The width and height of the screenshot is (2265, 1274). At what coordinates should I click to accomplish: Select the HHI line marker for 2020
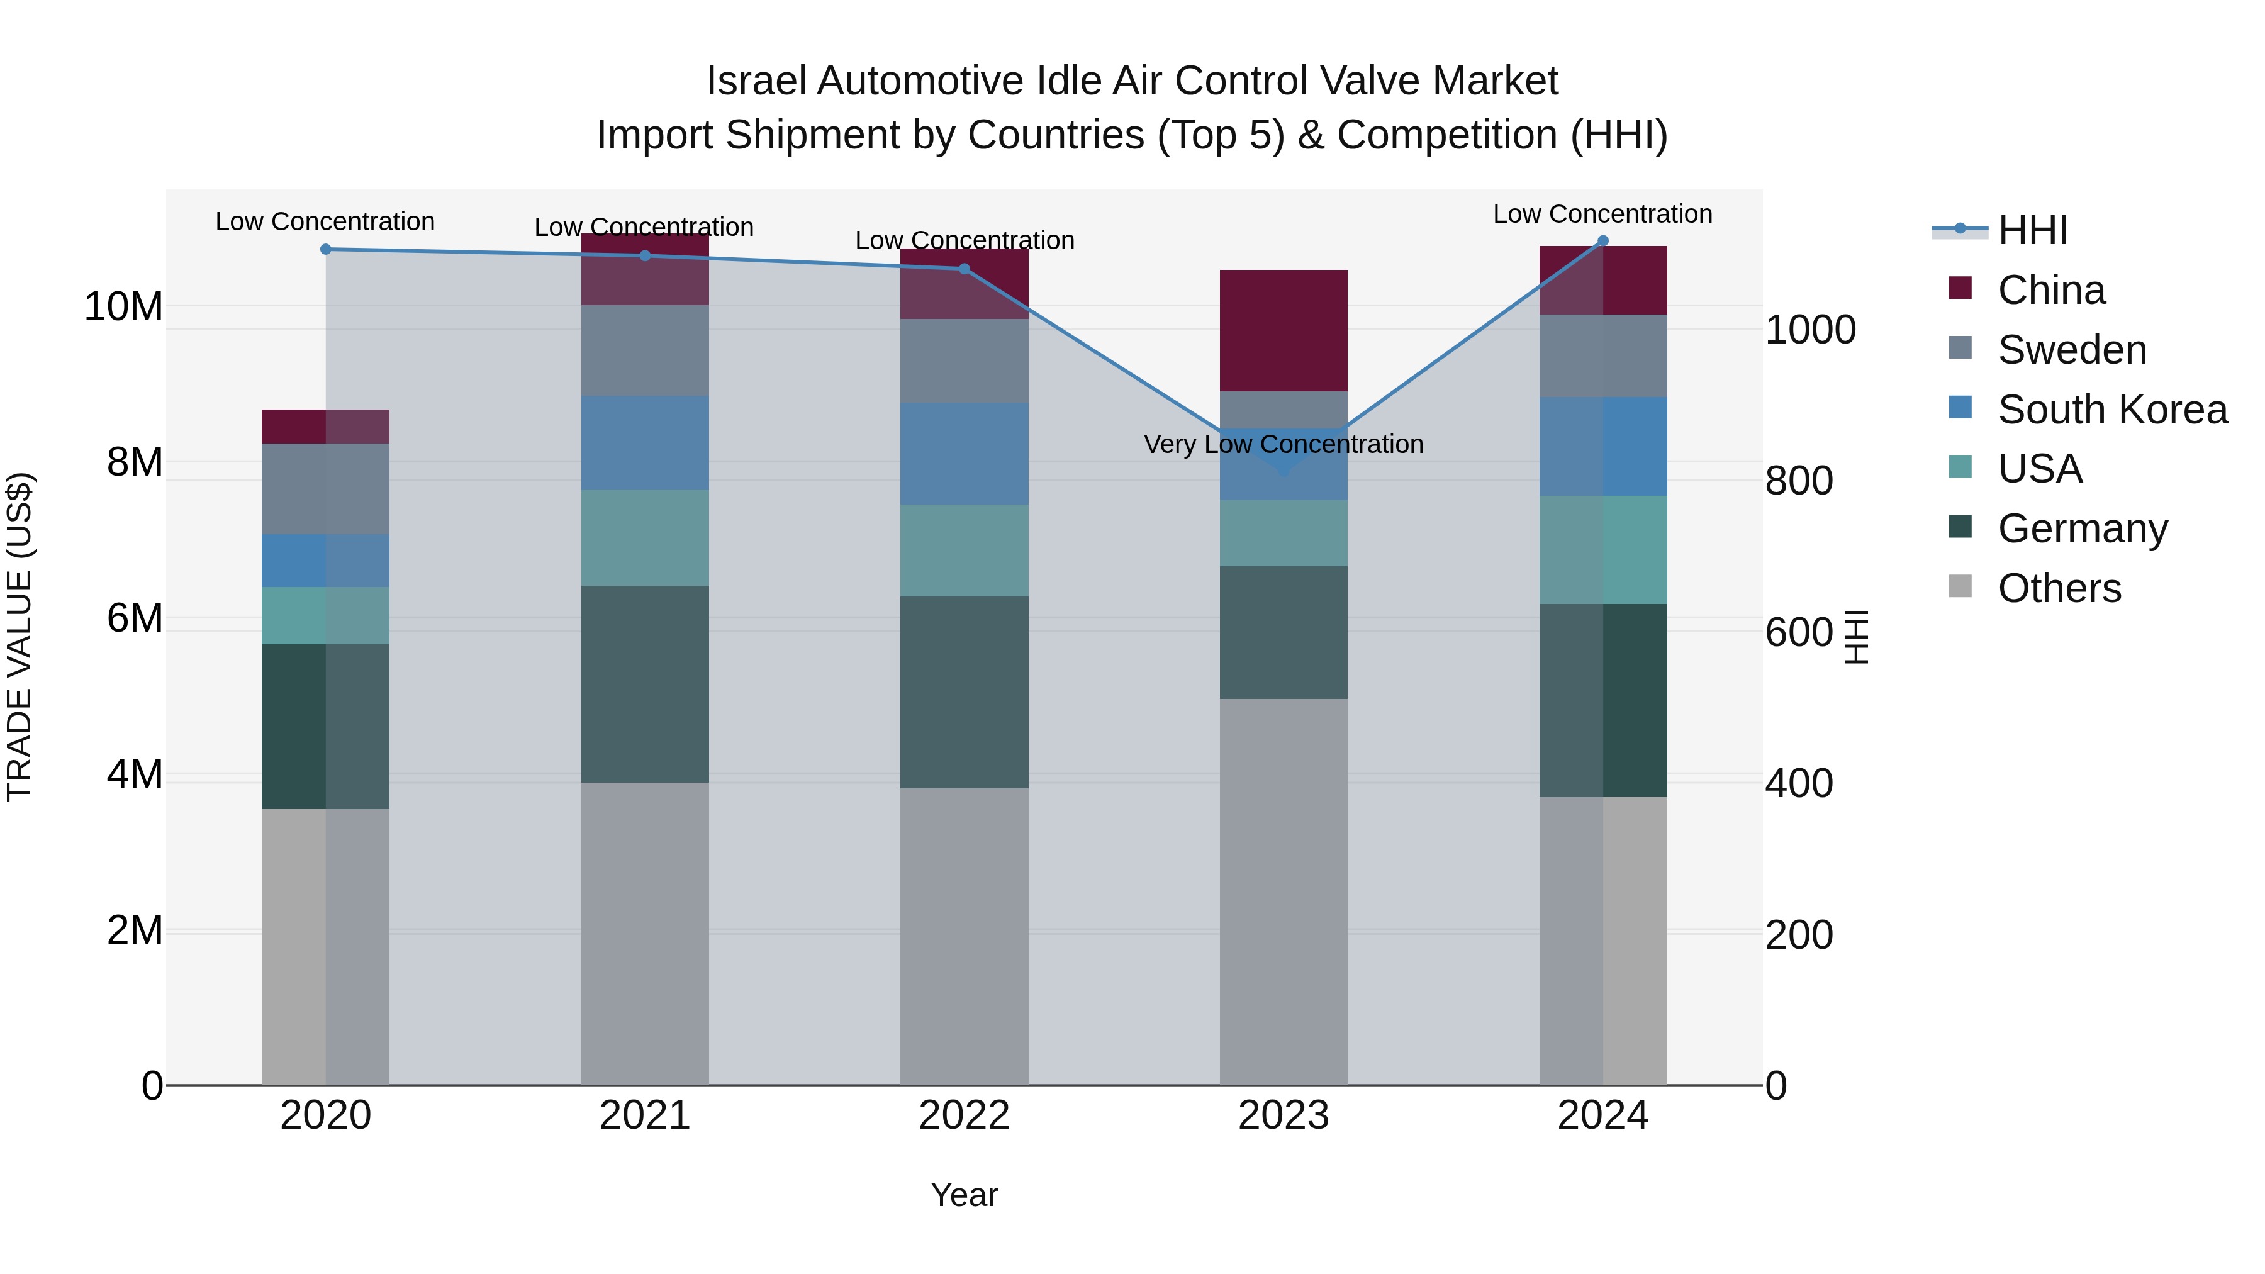[x=325, y=250]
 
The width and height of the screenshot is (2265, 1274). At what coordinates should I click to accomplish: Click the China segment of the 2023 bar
[x=1283, y=330]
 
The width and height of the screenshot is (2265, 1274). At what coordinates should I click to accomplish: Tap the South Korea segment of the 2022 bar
[x=964, y=453]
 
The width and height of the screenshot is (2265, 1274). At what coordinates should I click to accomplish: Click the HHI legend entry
[x=2032, y=230]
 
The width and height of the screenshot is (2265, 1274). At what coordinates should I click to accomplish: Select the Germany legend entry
[x=2081, y=528]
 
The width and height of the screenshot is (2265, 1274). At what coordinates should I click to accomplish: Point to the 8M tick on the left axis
[x=135, y=462]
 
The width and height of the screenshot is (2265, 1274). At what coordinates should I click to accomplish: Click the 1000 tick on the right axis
[x=1809, y=330]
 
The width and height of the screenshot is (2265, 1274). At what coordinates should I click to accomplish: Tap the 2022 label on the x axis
[x=964, y=1115]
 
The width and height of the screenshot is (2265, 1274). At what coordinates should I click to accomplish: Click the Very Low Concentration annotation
[x=1283, y=444]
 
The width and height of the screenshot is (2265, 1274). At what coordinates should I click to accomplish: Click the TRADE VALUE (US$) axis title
[x=20, y=637]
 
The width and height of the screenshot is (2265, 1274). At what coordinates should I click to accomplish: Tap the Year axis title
[x=964, y=1195]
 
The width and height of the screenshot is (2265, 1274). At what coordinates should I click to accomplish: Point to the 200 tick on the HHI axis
[x=1798, y=935]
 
